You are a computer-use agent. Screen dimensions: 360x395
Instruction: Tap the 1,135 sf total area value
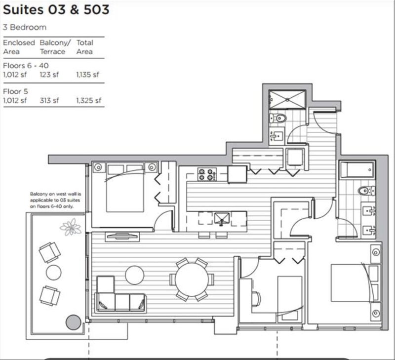pyautogui.click(x=87, y=75)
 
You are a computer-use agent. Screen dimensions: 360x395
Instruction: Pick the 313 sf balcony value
pyautogui.click(x=49, y=100)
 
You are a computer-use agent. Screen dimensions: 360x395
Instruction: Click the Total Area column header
pyautogui.click(x=84, y=47)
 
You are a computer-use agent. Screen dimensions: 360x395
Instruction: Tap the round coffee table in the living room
pyautogui.click(x=134, y=275)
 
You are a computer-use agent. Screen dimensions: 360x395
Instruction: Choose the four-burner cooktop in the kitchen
pyautogui.click(x=208, y=174)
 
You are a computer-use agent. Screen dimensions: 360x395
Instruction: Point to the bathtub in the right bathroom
pyautogui.click(x=356, y=171)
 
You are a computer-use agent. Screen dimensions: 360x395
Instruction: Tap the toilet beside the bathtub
pyautogui.click(x=364, y=190)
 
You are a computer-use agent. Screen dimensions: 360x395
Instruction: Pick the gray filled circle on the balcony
pyautogui.click(x=74, y=322)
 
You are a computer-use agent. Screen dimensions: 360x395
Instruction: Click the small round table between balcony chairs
pyautogui.click(x=53, y=273)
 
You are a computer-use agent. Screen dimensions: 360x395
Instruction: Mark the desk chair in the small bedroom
pyautogui.click(x=255, y=298)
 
